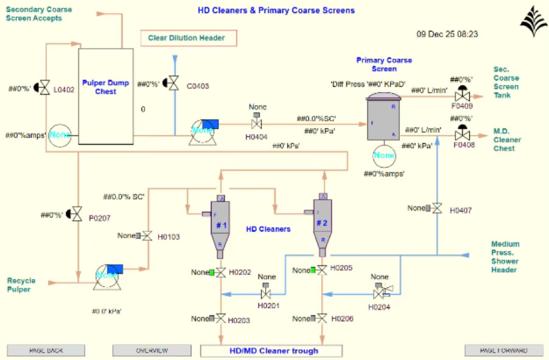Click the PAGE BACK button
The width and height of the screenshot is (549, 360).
(46, 350)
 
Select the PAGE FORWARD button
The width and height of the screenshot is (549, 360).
(504, 350)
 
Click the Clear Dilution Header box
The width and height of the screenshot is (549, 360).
(189, 38)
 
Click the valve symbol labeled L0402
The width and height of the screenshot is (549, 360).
(45, 88)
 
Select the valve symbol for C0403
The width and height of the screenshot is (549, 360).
(174, 83)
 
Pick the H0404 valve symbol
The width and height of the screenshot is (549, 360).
(257, 124)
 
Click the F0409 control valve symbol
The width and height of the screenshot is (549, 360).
(462, 96)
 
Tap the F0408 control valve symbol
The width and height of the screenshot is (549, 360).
(462, 135)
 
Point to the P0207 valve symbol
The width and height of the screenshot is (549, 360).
(77, 214)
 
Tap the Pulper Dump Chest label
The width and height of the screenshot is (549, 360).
(106, 87)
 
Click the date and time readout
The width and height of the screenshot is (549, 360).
(447, 34)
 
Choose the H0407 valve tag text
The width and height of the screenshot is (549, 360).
(461, 210)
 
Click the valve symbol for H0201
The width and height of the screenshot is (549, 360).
(266, 294)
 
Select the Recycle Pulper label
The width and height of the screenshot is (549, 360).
(21, 285)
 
